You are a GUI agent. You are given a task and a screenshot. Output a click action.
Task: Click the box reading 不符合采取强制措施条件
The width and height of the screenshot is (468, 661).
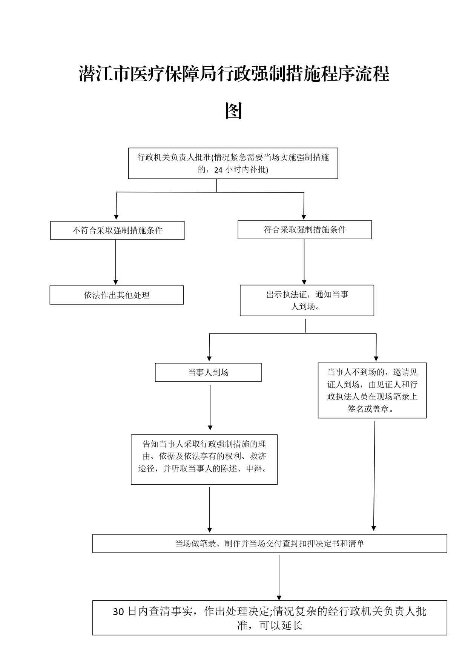point(117,230)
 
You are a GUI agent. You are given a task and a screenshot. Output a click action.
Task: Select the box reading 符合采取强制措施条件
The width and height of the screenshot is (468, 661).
point(305,230)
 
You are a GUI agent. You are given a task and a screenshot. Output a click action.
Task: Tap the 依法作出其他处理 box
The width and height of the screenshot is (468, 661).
point(117,295)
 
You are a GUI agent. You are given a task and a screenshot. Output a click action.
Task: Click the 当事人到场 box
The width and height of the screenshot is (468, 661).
point(208,372)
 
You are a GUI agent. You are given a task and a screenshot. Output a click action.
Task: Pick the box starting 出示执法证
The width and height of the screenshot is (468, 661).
point(307,300)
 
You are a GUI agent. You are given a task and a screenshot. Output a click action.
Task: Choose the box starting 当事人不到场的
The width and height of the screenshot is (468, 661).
point(372,390)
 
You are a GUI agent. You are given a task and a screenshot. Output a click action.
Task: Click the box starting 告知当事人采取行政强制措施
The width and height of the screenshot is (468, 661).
point(204,459)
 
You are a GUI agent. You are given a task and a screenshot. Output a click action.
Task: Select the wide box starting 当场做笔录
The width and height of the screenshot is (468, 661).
point(270,543)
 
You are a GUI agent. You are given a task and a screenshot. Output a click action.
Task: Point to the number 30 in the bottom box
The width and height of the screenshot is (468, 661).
point(118,612)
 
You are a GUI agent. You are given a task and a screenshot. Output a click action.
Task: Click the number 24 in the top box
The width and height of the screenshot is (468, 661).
point(218,170)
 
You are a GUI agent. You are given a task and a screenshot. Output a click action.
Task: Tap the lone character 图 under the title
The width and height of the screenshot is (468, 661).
point(233,110)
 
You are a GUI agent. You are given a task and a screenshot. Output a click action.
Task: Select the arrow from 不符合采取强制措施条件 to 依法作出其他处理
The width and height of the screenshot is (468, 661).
point(116,262)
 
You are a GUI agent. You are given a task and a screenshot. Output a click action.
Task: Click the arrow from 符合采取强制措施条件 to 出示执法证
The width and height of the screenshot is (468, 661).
point(304,262)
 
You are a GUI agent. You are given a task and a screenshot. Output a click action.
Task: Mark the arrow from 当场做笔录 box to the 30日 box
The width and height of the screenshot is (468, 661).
point(279,578)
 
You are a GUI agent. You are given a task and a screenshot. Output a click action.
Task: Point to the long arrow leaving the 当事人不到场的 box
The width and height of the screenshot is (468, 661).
point(374,476)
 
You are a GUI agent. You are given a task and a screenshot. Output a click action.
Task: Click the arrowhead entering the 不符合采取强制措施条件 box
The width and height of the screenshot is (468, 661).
point(116,217)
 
